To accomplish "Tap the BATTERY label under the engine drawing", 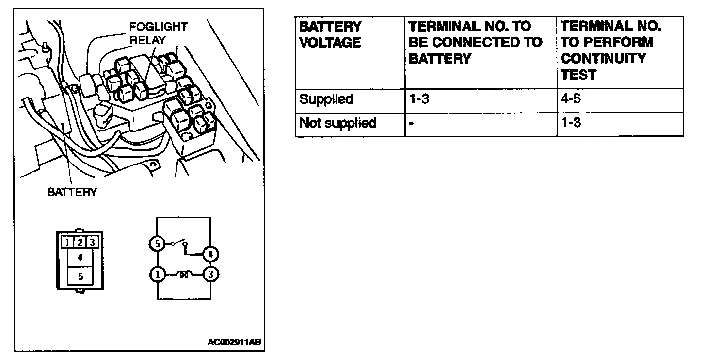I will tap(72, 192).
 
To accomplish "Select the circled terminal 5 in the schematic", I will tap(157, 244).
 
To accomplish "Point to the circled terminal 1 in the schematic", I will tap(157, 275).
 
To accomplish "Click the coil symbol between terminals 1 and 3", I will tap(184, 275).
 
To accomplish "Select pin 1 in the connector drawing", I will tap(67, 241).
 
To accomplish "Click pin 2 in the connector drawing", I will tap(80, 241).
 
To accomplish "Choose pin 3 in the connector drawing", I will tap(93, 241).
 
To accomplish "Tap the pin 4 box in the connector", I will tap(80, 257).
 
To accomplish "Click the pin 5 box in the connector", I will tap(80, 276).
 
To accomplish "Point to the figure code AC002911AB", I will tap(234, 342).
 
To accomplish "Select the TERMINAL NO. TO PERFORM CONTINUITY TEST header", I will tap(611, 50).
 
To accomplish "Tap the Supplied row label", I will tap(326, 99).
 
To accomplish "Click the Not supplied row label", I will tap(337, 123).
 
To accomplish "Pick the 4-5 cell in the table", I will tap(571, 99).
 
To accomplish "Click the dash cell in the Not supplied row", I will tap(411, 123).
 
